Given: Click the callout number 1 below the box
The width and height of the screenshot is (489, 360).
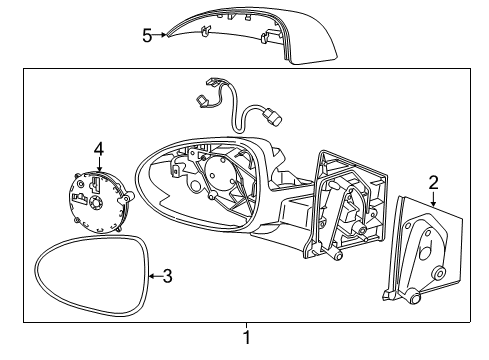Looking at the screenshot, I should pos(247,337).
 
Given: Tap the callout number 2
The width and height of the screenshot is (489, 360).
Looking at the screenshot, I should pos(433,182).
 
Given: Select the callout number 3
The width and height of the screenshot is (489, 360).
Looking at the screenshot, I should pos(167,275).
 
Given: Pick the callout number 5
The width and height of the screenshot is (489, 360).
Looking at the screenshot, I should pos(147,35).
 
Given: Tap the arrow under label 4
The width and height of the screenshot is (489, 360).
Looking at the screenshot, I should pos(99,167).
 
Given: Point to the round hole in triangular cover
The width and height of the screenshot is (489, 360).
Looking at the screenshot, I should pos(439,275).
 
